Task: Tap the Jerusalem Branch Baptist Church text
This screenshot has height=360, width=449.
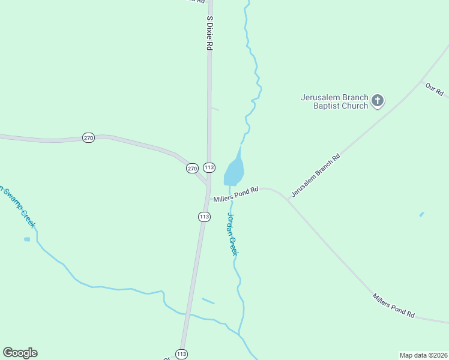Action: click(334, 101)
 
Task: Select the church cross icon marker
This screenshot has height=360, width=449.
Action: click(377, 100)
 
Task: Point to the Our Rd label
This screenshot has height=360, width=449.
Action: click(434, 89)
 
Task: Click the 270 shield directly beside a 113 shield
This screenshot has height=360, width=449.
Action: click(192, 169)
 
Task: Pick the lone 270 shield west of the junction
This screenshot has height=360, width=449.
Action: click(89, 138)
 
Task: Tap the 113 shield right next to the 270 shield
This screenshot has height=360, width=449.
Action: click(209, 167)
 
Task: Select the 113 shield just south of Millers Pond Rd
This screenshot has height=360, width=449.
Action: click(204, 216)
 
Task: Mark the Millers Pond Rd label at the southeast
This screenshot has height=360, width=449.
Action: click(393, 305)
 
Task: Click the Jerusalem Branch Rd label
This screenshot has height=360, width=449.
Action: click(316, 175)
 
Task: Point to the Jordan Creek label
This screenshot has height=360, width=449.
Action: click(232, 235)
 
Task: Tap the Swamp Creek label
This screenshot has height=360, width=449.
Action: click(18, 207)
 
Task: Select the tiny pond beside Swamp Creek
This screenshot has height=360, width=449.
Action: click(27, 239)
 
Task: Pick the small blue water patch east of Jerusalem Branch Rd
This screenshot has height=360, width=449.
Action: click(421, 214)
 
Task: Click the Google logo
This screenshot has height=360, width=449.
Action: click(20, 353)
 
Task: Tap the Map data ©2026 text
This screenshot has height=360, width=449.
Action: click(423, 355)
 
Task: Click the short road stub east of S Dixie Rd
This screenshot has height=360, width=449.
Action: click(215, 109)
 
